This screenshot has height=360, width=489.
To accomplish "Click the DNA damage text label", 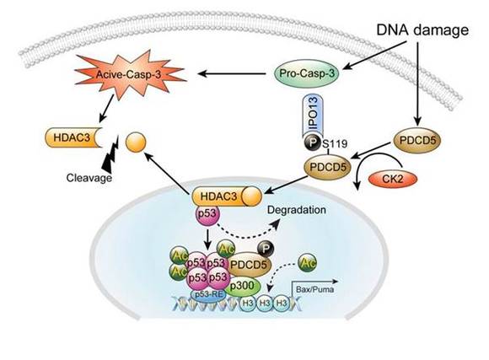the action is point(422,30).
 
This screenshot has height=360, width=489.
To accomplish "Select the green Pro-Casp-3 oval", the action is point(307,73).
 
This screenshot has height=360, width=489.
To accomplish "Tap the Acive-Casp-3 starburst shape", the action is point(129,75).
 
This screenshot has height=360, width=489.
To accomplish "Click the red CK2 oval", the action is point(393,180).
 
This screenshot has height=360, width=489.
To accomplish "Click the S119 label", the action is point(335,144).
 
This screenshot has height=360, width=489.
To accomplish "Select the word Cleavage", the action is point(89,178).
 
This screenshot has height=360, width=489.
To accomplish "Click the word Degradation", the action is point(297,210).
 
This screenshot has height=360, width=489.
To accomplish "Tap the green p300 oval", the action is point(244,286).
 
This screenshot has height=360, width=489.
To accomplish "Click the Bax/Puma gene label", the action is point(314,289).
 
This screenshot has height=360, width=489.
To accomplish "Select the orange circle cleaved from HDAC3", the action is point(136,142).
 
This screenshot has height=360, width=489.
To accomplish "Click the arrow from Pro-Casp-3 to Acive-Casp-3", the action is point(232,74).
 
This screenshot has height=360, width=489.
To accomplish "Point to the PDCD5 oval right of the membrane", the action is point(417,140).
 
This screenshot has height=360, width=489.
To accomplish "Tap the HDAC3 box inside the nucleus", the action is point(227,196).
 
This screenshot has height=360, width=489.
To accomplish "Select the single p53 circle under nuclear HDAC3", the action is point(207,214).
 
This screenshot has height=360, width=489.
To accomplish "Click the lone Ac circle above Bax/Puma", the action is point(307,263).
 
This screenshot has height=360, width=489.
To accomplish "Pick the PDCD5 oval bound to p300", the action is point(249,264).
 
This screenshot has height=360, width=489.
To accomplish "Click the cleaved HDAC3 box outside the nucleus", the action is point(73,137).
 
